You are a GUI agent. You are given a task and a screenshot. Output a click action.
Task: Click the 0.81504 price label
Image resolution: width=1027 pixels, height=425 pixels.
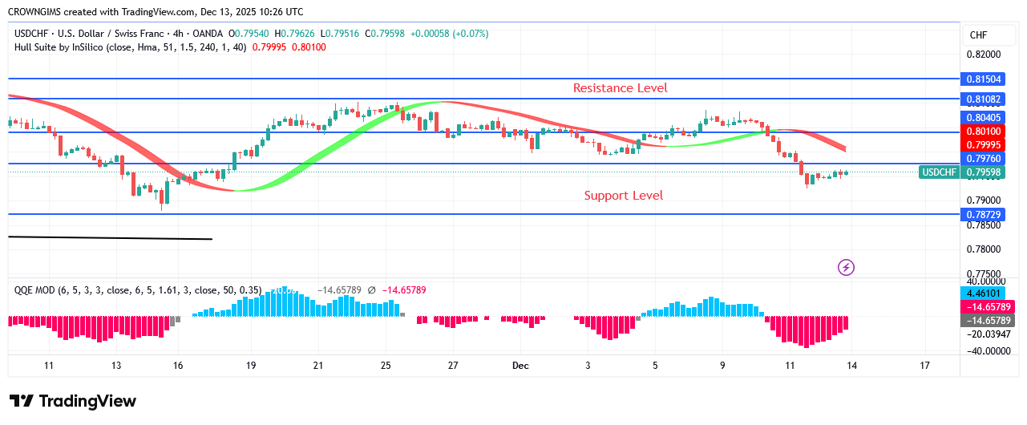click(x=983, y=79)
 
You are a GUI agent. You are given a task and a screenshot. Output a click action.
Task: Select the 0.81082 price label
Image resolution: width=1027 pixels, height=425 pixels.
click(x=983, y=99)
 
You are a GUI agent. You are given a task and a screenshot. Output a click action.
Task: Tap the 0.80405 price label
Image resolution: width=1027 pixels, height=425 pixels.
click(x=983, y=117)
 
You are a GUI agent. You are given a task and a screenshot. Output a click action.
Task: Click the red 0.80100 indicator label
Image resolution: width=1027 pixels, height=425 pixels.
click(x=983, y=132)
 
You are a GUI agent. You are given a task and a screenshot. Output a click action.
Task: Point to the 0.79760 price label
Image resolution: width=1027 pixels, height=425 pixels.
click(x=983, y=159)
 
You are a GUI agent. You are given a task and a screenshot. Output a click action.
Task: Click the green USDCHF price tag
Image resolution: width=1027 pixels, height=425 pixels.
click(x=939, y=172)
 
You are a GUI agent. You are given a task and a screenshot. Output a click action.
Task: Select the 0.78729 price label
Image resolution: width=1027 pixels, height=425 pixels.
click(x=983, y=214)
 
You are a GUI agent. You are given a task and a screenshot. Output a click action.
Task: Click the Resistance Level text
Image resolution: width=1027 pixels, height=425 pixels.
click(x=620, y=88)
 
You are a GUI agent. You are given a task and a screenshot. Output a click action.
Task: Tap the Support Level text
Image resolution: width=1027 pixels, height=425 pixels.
click(x=623, y=195)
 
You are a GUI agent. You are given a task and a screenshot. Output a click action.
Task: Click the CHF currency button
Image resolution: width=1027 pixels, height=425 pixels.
click(x=978, y=35)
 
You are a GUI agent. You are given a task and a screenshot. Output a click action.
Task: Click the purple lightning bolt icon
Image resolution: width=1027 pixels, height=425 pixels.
click(x=845, y=267)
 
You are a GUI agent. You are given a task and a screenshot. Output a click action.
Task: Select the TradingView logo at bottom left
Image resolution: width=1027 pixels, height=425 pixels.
click(x=73, y=401)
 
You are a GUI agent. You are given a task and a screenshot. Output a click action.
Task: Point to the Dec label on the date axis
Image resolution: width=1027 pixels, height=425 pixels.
click(x=520, y=366)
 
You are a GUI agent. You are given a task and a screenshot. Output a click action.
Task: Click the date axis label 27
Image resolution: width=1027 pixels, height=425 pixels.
click(x=453, y=366)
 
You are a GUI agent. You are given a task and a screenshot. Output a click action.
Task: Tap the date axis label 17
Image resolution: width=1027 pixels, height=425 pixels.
click(x=924, y=366)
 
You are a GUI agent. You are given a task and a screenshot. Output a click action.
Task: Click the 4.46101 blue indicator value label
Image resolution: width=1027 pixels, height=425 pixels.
click(x=983, y=293)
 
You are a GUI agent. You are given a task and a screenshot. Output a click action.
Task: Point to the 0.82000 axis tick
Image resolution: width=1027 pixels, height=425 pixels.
click(x=982, y=55)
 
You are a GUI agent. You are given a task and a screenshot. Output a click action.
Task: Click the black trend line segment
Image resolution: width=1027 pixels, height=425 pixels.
click(x=110, y=237)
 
